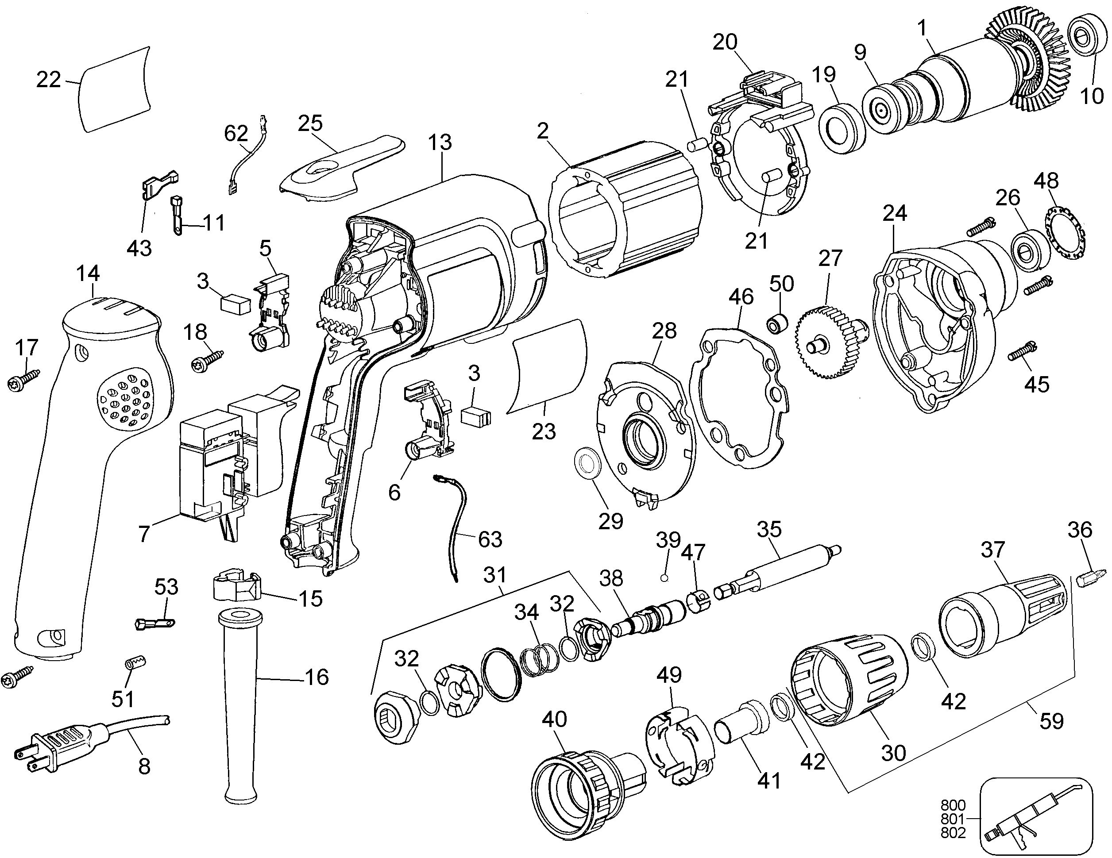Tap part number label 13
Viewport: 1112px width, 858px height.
[440, 142]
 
